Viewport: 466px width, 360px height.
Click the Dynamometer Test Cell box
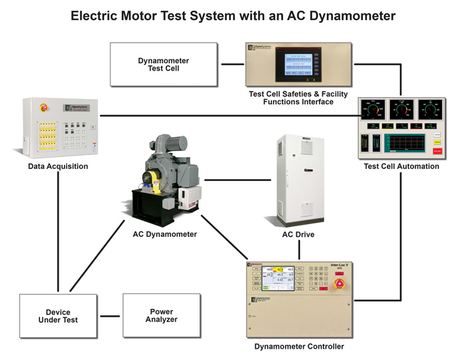coord(164,64)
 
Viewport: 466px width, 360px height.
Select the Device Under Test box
coord(58,316)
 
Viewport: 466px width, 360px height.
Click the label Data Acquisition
coord(58,166)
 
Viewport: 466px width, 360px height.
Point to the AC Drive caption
coord(298,235)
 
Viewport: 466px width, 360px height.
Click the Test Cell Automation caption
coord(401,166)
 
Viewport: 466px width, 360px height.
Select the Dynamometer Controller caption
coord(299,347)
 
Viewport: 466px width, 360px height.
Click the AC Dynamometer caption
coord(165,234)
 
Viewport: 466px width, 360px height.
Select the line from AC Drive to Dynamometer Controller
coord(299,250)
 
